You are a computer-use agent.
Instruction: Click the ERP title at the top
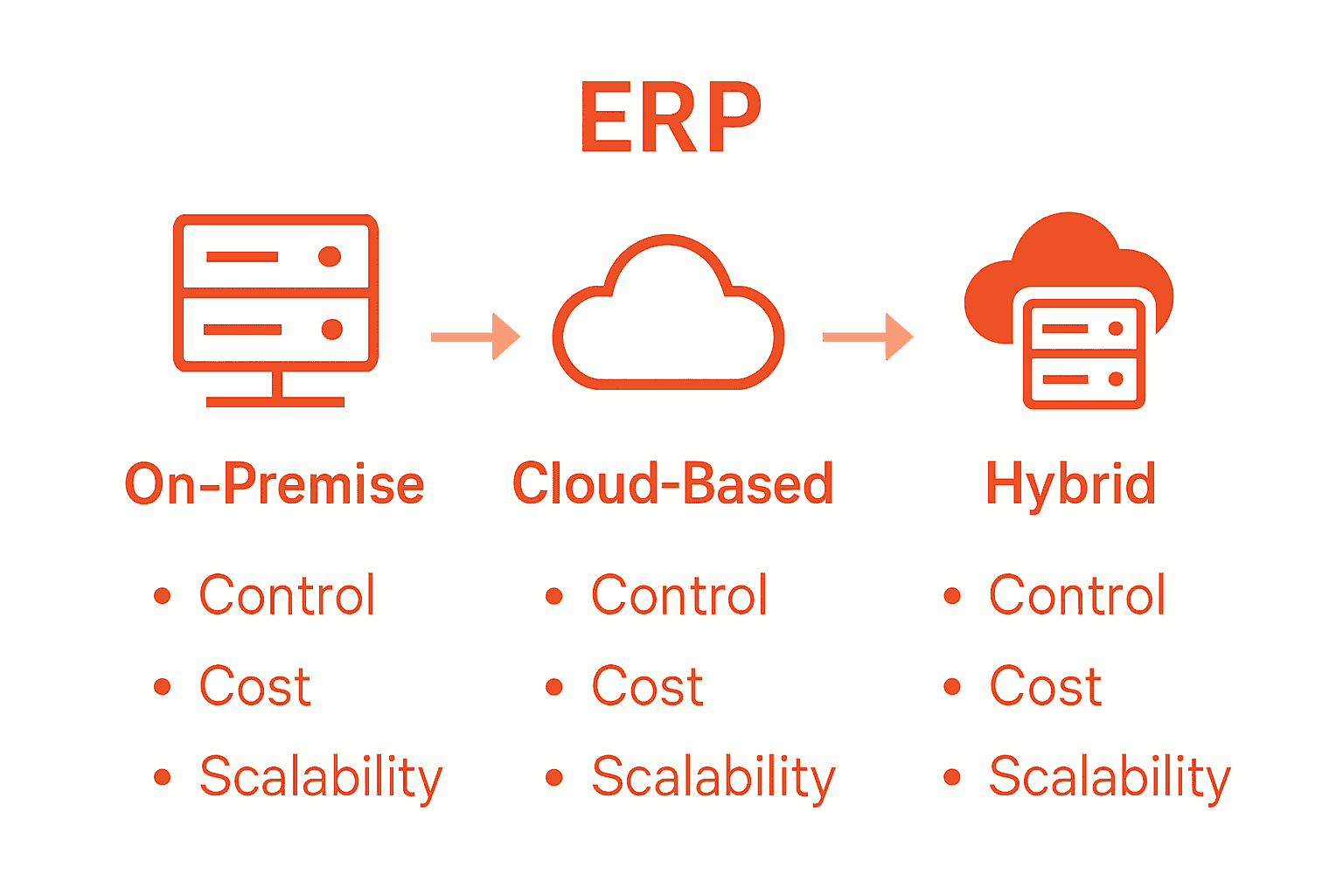(670, 118)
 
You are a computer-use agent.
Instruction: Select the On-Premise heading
(275, 484)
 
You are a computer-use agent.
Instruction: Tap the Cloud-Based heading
(672, 484)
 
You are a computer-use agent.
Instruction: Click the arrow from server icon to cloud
(476, 336)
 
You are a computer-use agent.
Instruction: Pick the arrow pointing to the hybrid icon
(867, 336)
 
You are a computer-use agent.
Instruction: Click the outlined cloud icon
(669, 315)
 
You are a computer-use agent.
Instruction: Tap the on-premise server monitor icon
(275, 306)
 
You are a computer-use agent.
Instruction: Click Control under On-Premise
(287, 596)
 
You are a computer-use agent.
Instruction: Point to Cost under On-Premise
(254, 686)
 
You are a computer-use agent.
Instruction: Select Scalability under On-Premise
(321, 777)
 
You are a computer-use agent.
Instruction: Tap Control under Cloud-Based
(679, 596)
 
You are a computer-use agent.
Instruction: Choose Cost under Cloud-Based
(647, 686)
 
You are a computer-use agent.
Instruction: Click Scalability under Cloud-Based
(713, 777)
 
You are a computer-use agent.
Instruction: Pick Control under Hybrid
(1077, 596)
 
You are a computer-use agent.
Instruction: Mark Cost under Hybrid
(1045, 686)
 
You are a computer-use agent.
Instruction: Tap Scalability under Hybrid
(1110, 777)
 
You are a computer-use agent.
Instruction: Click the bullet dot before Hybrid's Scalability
(952, 776)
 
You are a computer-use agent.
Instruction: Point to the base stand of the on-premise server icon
(275, 401)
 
